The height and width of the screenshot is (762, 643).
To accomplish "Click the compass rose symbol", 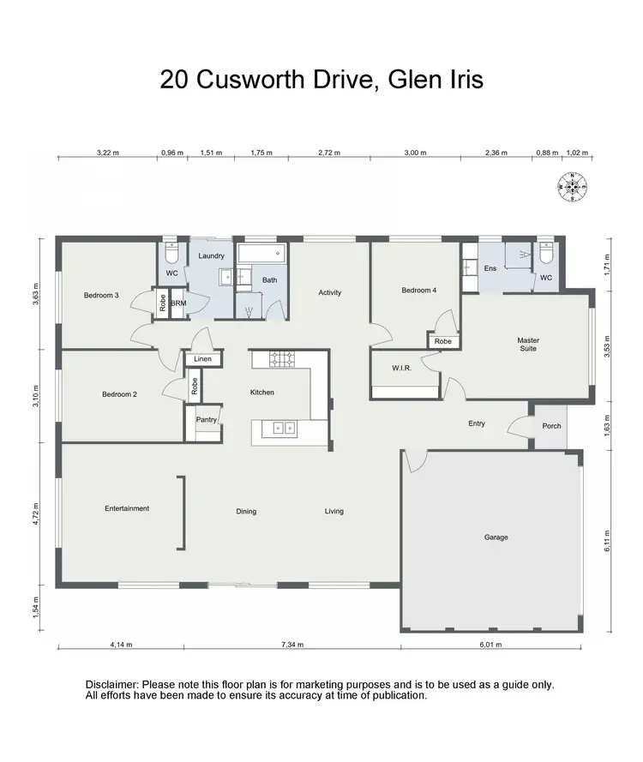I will [x=572, y=186].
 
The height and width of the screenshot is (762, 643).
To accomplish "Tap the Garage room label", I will [x=496, y=537].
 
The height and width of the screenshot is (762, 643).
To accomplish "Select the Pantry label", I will [x=206, y=419].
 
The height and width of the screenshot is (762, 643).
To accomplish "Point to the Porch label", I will [x=551, y=425].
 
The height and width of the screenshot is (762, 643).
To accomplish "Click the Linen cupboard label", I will [x=202, y=358].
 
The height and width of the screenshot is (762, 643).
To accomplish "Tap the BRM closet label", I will [x=178, y=303].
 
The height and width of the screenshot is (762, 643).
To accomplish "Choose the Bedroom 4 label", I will [x=419, y=291].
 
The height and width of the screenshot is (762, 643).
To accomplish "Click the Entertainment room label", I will [x=127, y=508].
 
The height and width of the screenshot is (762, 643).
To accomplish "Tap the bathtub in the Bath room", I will [x=262, y=254].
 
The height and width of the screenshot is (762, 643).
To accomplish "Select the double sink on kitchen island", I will [x=281, y=427].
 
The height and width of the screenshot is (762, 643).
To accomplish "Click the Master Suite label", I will [x=528, y=345].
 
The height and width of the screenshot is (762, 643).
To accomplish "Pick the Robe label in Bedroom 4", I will [x=442, y=341].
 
